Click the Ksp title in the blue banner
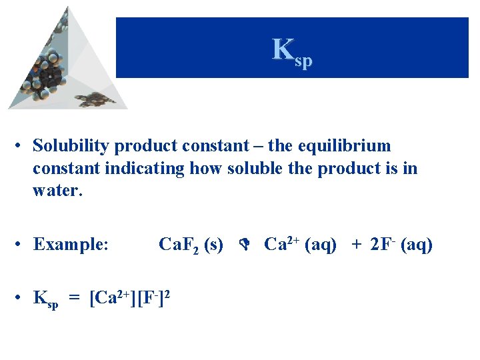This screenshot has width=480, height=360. click(x=292, y=51)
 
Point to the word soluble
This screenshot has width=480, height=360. click(x=255, y=169)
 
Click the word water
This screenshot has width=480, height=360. click(x=56, y=191)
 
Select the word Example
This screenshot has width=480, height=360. click(x=69, y=245)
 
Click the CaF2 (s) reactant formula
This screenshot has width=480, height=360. click(x=191, y=245)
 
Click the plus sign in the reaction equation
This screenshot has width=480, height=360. click(x=357, y=245)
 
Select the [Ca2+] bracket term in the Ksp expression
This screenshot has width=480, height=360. click(x=115, y=298)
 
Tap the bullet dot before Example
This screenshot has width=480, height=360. click(x=21, y=245)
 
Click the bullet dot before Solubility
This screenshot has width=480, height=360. click(x=21, y=146)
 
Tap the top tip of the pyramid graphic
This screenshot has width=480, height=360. click(x=66, y=8)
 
